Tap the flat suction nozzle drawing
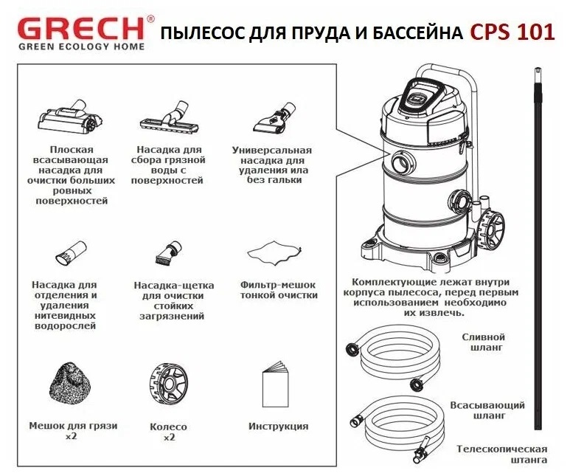pyautogui.click(x=67, y=118)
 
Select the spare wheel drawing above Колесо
pyautogui.click(x=167, y=384)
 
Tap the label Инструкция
pyautogui.click(x=278, y=427)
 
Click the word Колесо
pyautogui.click(x=168, y=427)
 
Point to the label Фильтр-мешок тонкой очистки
pyautogui.click(x=279, y=290)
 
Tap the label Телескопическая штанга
pyautogui.click(x=501, y=455)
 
